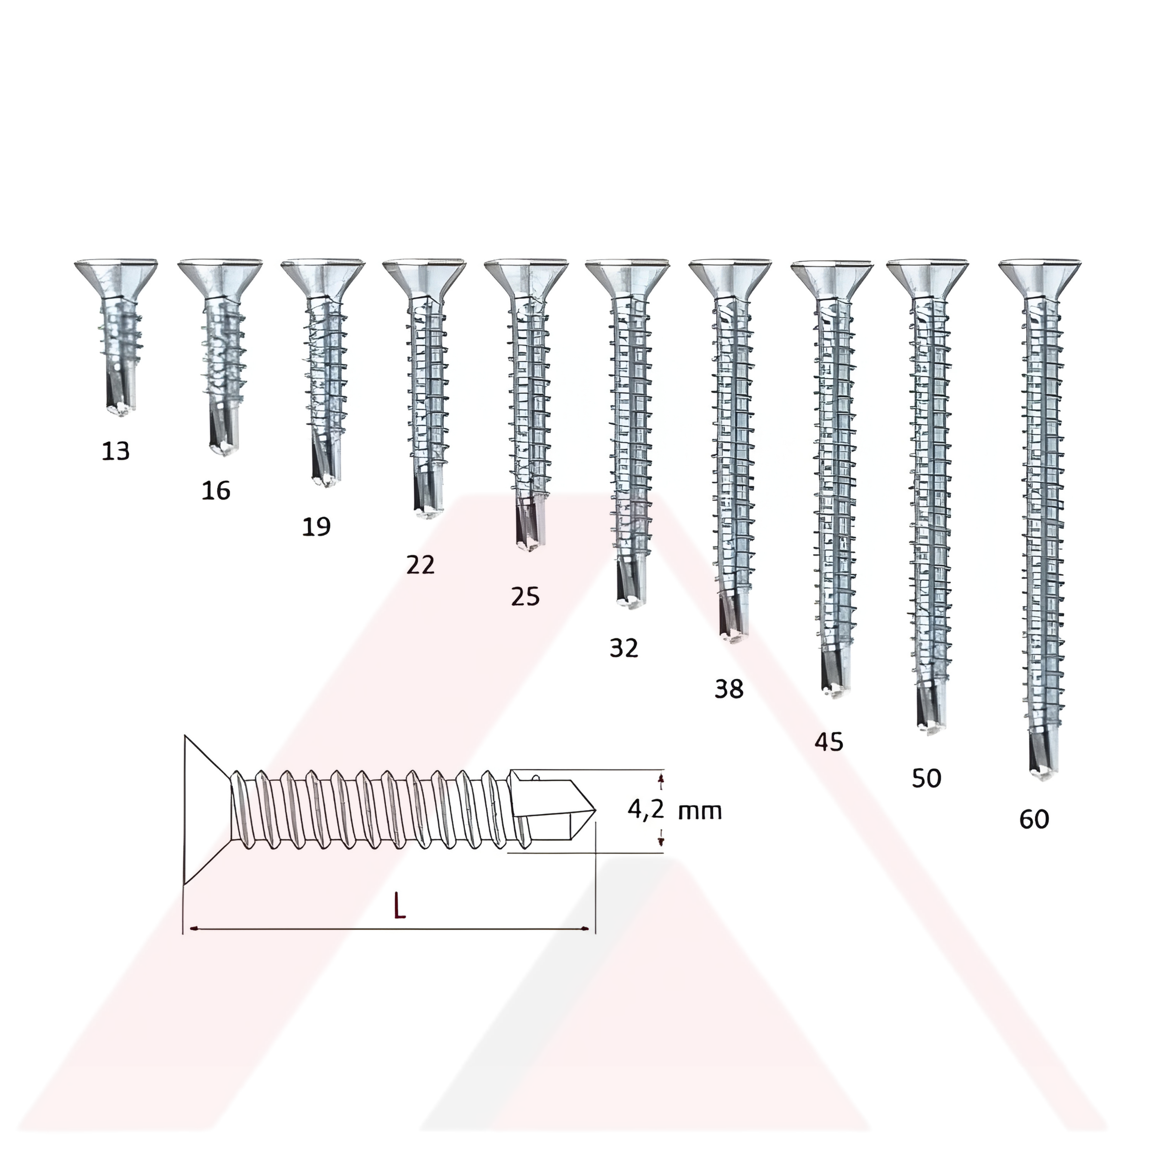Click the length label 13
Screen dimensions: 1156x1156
(115, 451)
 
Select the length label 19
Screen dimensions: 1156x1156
(317, 527)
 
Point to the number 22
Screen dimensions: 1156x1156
(420, 565)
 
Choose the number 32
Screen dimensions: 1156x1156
(624, 648)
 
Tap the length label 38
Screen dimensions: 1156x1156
(729, 689)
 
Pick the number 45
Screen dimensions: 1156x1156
(829, 743)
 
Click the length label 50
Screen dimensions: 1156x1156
(926, 778)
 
